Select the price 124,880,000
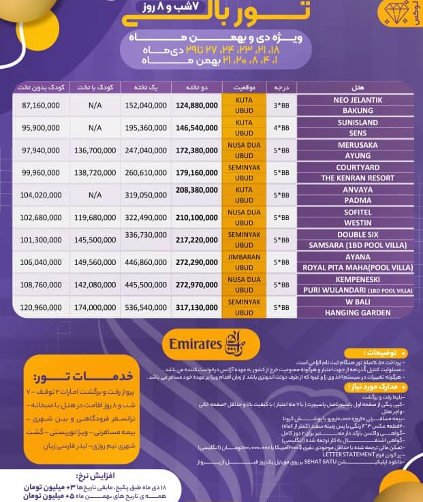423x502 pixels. (201, 106)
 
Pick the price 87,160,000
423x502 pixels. (41, 106)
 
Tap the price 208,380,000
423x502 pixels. (201, 190)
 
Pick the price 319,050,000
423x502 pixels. (145, 195)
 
